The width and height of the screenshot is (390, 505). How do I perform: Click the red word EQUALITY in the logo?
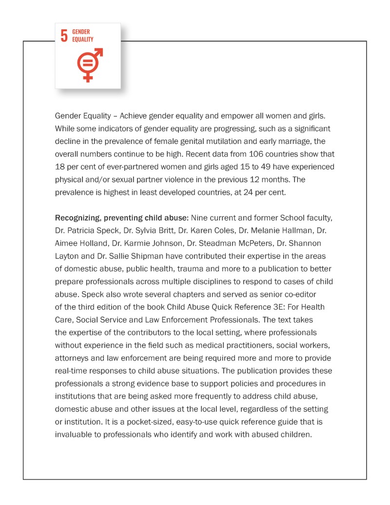82,40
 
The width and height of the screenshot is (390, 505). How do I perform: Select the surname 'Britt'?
152,230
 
